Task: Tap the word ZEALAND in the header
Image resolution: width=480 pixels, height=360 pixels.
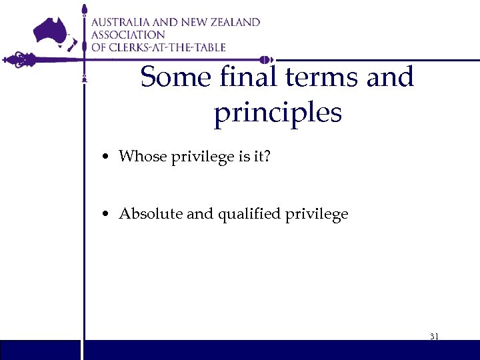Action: click(x=233, y=22)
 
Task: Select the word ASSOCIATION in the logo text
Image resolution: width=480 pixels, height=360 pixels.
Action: click(x=128, y=35)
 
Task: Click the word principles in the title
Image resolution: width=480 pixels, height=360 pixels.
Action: click(x=277, y=112)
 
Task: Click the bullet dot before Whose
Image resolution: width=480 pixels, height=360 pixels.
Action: click(x=106, y=157)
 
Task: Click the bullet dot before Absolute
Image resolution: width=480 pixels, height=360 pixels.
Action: click(x=106, y=215)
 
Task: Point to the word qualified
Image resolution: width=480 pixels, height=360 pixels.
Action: click(x=244, y=214)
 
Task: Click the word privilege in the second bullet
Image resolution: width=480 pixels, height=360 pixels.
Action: click(x=319, y=215)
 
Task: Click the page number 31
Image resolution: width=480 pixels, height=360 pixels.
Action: click(x=434, y=336)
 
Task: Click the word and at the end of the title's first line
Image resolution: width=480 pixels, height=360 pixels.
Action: click(x=390, y=77)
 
